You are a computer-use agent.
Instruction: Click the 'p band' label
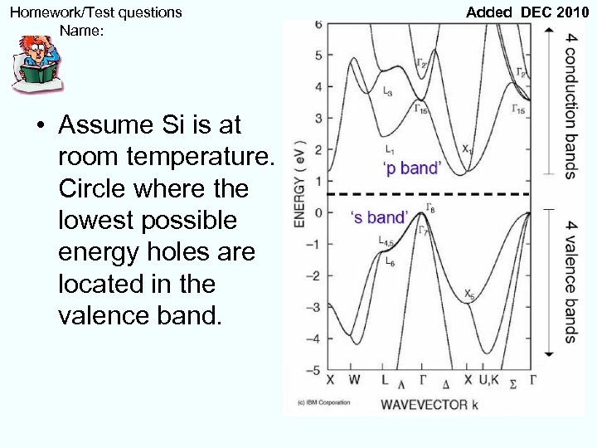tap(411, 168)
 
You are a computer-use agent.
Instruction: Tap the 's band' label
tap(379, 217)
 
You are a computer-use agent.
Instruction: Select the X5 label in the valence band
tap(469, 295)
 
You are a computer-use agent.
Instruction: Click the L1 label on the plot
tap(390, 150)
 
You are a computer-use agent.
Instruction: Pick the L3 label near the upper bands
tap(389, 91)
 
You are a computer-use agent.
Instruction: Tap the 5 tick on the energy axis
tap(318, 56)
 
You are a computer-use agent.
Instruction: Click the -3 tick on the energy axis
tap(315, 308)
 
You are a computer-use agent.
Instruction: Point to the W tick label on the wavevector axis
tap(354, 380)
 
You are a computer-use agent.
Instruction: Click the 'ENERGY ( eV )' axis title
tap(299, 183)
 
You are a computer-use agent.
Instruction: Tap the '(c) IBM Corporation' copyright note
tap(319, 403)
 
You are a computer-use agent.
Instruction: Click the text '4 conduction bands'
tap(570, 105)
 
